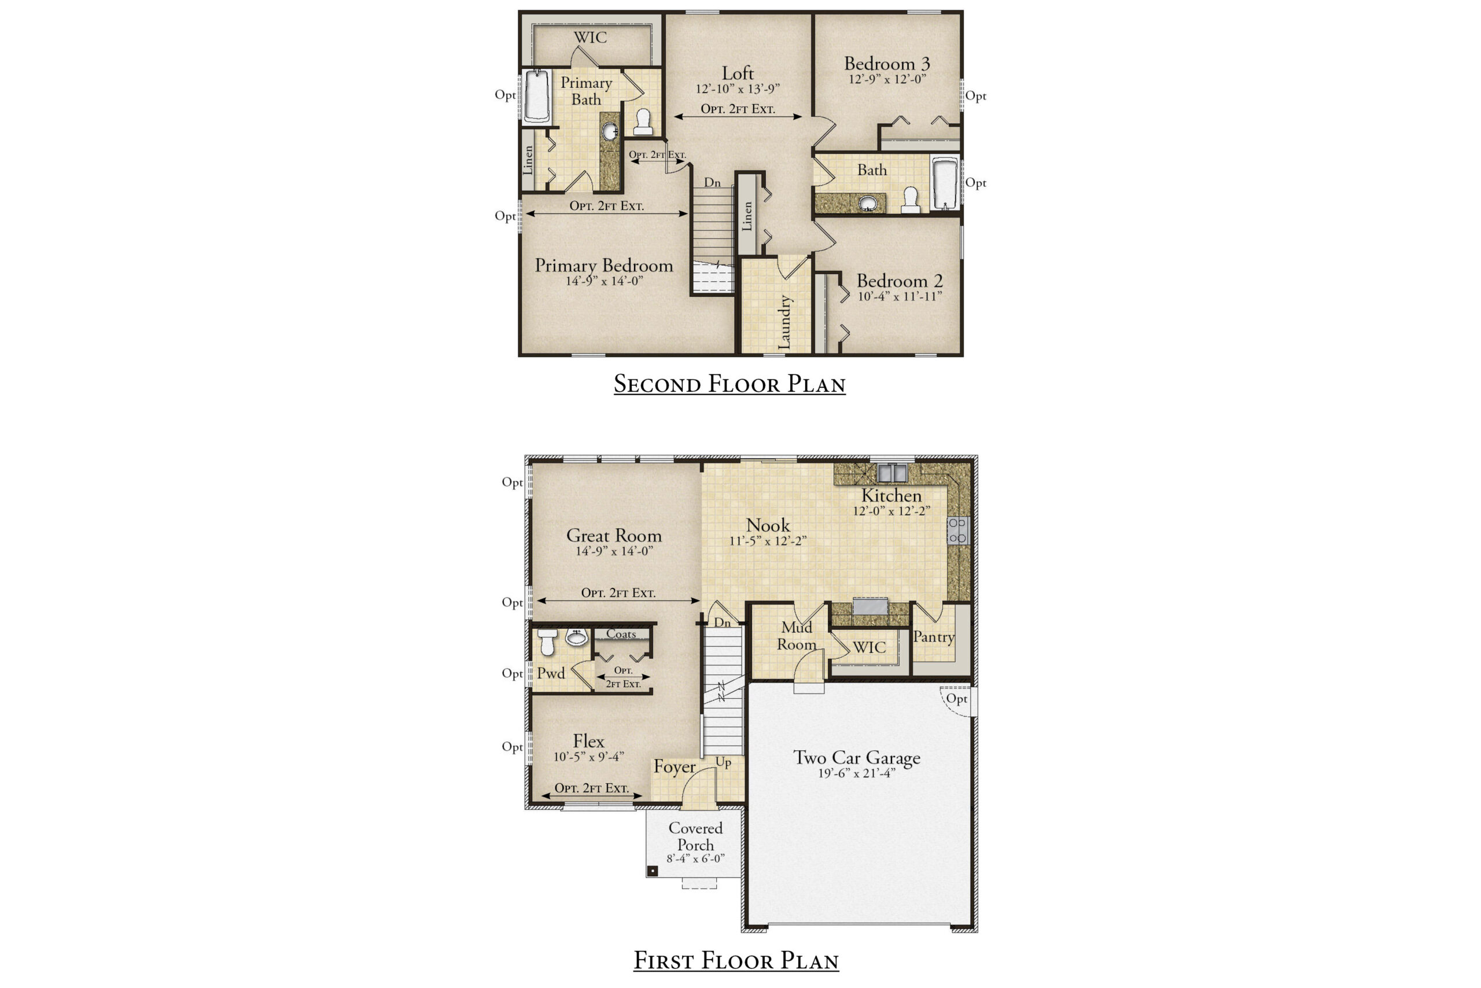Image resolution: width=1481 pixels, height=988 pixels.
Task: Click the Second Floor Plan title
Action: click(729, 384)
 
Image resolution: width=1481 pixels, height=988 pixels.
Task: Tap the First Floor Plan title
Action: click(735, 960)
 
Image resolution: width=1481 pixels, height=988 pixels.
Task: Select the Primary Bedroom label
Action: click(604, 266)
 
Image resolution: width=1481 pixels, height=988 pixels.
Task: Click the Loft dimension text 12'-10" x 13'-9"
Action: click(738, 89)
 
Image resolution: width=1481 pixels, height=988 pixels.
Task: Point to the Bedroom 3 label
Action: click(887, 64)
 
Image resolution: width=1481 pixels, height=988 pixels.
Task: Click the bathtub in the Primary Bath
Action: click(537, 96)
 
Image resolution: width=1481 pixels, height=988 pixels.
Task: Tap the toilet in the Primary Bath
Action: click(643, 122)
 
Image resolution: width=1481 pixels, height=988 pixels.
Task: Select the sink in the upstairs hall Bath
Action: click(868, 203)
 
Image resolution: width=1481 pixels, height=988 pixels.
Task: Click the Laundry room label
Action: click(784, 322)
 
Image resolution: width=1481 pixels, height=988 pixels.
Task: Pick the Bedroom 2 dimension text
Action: click(900, 296)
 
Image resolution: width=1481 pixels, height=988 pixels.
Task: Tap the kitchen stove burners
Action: click(957, 530)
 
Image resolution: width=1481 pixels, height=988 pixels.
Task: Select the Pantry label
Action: click(933, 637)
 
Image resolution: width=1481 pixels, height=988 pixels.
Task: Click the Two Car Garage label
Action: click(856, 757)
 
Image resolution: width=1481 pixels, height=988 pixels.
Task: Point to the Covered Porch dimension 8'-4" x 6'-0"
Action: click(695, 859)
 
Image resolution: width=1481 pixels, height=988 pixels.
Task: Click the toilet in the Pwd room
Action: click(547, 641)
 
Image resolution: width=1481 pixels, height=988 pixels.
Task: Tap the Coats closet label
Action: click(621, 634)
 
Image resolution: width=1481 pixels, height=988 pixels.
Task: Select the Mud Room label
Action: click(797, 636)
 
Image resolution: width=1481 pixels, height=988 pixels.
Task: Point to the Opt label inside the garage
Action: click(956, 699)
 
